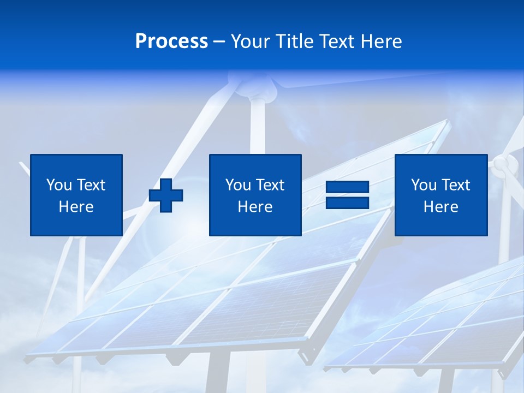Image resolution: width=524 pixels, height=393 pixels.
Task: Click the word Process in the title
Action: [x=171, y=41]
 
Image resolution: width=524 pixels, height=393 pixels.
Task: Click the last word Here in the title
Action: [x=381, y=41]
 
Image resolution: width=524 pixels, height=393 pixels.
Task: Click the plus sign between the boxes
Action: [x=166, y=195]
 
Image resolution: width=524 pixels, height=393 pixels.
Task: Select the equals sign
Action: [x=347, y=195]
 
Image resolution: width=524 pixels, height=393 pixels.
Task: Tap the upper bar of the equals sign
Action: [x=347, y=187]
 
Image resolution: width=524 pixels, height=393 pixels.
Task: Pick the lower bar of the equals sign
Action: [x=347, y=203]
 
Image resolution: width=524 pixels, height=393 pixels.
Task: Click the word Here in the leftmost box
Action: [x=76, y=207]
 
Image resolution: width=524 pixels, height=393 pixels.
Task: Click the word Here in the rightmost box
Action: [x=440, y=207]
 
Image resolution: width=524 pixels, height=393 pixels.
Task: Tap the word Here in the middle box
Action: [x=255, y=207]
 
